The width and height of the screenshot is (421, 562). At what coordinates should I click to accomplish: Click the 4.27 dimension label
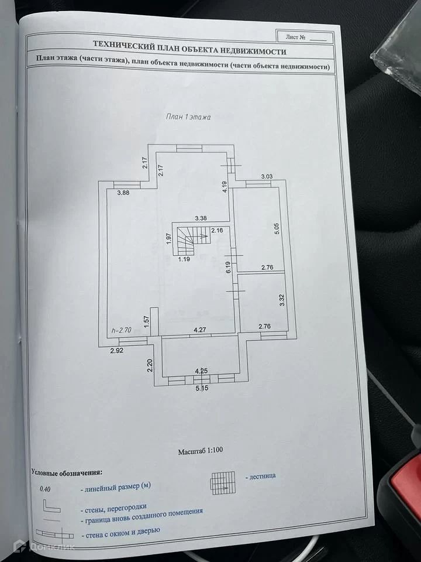(201, 331)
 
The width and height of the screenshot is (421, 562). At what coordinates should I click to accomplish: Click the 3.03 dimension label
(267, 176)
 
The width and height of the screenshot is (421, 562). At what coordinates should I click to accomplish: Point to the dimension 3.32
(282, 301)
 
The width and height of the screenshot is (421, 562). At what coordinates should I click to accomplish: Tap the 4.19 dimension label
(224, 187)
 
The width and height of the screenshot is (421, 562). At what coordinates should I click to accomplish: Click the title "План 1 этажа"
(188, 117)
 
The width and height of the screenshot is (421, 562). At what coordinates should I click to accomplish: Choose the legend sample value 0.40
(45, 488)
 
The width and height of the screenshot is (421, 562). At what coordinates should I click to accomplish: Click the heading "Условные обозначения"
(67, 471)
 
